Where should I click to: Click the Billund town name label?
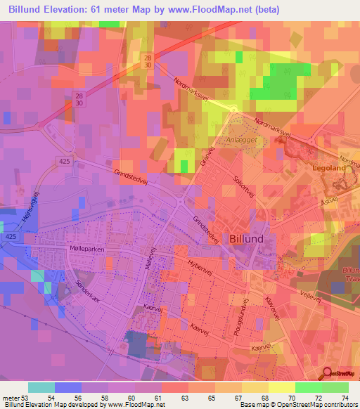(x=247, y=238)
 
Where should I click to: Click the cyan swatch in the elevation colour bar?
(x=41, y=387)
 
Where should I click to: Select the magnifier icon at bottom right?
(x=326, y=373)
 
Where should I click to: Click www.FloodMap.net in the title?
(x=219, y=10)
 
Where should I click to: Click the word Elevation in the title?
(x=71, y=10)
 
